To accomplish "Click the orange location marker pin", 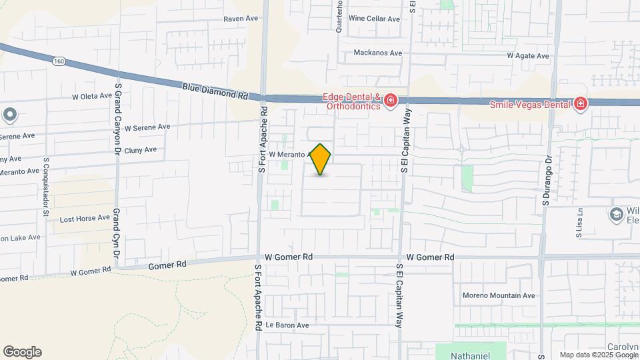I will pyautogui.click(x=321, y=159).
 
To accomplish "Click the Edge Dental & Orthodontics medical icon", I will pyautogui.click(x=391, y=101).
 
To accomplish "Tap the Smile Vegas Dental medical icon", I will pyautogui.click(x=581, y=104).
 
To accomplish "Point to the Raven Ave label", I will pyautogui.click(x=241, y=19).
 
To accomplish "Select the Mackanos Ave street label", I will pyautogui.click(x=378, y=53).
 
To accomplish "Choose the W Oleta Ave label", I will pyautogui.click(x=92, y=96).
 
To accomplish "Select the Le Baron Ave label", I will pyautogui.click(x=287, y=325).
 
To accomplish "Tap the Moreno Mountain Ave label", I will pyautogui.click(x=499, y=295).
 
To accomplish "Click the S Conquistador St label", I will pyautogui.click(x=46, y=187).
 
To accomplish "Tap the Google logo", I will pyautogui.click(x=22, y=352).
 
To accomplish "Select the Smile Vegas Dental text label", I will pyautogui.click(x=530, y=104).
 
